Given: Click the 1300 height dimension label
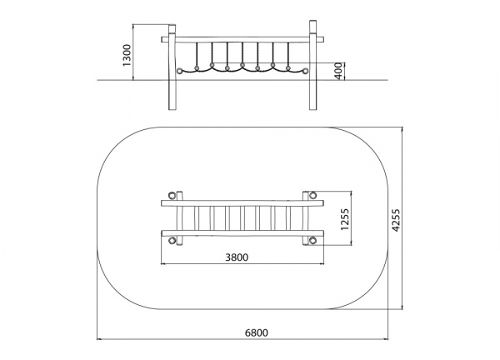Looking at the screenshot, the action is pos(127,55).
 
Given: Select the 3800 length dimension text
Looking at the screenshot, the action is pos(237,257).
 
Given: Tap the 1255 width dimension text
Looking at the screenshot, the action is pos(345,219).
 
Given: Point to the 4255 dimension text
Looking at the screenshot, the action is pos(395,220).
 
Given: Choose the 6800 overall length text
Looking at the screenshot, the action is pos(257,332).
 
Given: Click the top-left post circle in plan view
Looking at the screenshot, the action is pos(172,195).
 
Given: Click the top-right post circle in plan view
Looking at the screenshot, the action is pos(312,195).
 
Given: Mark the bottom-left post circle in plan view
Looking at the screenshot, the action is pos(172,241).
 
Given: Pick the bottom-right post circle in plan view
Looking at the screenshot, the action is pos(312,241).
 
